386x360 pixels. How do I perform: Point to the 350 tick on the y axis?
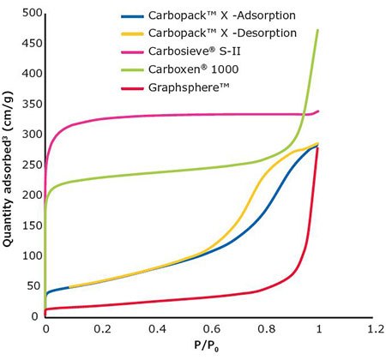coord(29,104)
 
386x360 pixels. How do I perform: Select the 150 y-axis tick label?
coord(29,225)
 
